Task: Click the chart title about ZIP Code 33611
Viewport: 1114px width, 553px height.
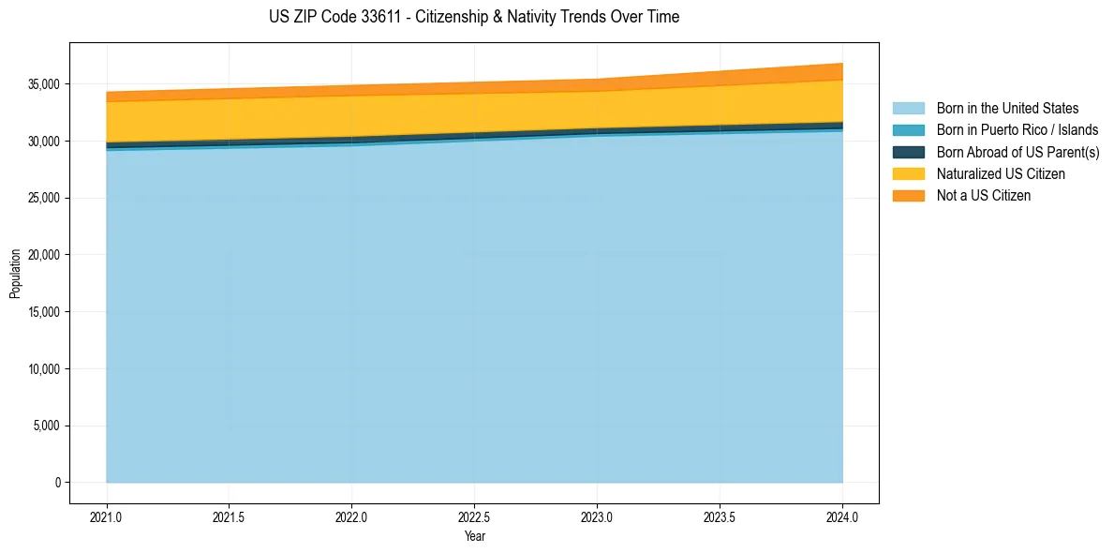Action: [x=473, y=17]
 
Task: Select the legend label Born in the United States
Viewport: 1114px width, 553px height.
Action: [x=1007, y=109]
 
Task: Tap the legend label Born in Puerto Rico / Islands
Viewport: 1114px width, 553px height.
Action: [x=1017, y=130]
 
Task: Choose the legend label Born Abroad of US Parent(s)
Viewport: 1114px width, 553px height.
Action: [x=1017, y=152]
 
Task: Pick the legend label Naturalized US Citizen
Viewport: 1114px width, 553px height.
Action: [x=1001, y=173]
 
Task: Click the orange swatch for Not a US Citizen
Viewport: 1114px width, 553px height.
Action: [x=908, y=195]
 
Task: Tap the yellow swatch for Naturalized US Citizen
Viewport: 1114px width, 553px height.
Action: [x=908, y=173]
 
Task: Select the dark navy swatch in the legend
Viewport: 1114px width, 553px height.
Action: [x=908, y=152]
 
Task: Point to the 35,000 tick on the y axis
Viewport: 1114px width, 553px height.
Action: [x=42, y=84]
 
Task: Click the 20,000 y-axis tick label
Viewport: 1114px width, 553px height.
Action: [x=42, y=255]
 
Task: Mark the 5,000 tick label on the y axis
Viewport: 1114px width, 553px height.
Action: [x=45, y=426]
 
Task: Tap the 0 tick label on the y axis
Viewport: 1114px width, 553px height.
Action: [x=57, y=483]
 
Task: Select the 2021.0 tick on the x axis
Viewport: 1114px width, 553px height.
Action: [x=106, y=516]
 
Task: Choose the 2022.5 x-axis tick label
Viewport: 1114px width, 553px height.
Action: [x=474, y=516]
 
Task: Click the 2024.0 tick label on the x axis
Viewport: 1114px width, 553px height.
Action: [x=842, y=516]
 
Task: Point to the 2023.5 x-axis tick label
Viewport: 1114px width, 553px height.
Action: [x=720, y=516]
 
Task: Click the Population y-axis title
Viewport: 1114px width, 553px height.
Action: [x=15, y=274]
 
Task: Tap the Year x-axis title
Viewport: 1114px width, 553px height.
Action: [x=474, y=536]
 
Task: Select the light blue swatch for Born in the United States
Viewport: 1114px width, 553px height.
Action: [x=908, y=109]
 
